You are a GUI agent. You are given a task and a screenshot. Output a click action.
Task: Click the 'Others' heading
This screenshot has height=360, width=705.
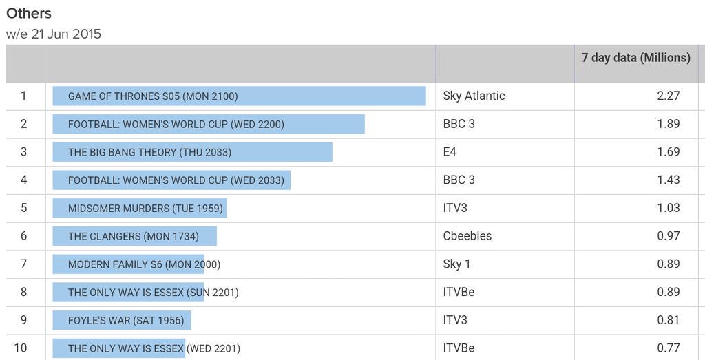29,13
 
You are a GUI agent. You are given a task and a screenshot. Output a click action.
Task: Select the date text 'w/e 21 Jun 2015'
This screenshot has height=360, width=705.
54,34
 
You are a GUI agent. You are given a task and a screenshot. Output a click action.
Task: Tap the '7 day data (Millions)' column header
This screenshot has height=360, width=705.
635,58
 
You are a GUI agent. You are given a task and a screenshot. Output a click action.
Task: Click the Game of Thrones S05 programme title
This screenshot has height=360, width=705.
153,96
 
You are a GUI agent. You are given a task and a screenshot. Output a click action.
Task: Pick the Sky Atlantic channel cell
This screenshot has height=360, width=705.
474,96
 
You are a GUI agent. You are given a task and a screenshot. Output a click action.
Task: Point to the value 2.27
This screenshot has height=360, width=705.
668,96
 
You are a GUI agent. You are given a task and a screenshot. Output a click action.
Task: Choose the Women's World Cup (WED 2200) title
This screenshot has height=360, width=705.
176,125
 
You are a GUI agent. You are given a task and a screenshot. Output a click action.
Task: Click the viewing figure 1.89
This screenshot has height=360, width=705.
668,124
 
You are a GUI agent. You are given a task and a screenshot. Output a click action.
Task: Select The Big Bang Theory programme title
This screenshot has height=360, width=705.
149,152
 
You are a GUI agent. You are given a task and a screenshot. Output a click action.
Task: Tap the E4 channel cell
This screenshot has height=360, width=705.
450,151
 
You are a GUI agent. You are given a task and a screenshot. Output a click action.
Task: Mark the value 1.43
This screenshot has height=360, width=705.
668,180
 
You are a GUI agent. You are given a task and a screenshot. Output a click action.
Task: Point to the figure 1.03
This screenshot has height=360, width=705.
668,208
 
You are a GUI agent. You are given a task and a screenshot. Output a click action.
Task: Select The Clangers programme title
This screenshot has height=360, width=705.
133,236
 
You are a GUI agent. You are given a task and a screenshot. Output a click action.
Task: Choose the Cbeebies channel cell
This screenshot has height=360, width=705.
467,235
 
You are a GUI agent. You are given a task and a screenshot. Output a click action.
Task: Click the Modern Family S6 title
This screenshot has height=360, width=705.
144,264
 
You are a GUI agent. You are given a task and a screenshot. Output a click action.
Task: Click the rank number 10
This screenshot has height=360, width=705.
21,348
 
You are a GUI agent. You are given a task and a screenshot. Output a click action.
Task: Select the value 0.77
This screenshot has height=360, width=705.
668,348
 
